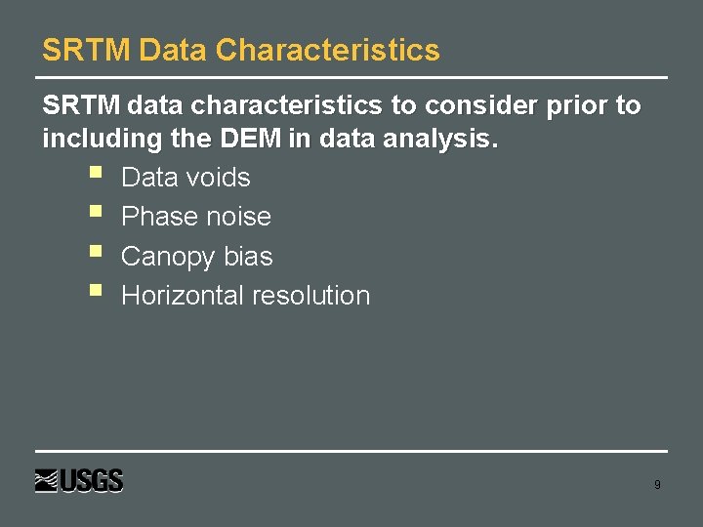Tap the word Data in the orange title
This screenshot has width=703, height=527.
tap(173, 51)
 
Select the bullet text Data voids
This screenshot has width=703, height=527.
tap(186, 178)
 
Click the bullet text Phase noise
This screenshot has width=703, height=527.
tap(196, 217)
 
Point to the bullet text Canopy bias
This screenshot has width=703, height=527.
tap(197, 257)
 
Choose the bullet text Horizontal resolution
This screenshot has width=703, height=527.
tap(245, 296)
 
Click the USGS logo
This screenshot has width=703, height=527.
tap(80, 481)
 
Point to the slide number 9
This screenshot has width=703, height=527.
tap(657, 484)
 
